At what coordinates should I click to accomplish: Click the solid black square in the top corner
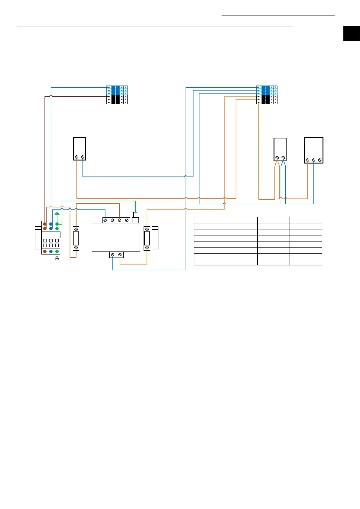click(x=352, y=34)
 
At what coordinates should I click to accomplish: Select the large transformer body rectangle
click(x=116, y=237)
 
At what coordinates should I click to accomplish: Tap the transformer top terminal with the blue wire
click(x=105, y=220)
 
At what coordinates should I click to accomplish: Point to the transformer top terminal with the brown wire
click(x=120, y=220)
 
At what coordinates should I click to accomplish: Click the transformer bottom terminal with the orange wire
click(x=120, y=255)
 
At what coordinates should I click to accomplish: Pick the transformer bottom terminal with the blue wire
click(x=113, y=255)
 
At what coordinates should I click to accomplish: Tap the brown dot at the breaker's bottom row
click(x=45, y=251)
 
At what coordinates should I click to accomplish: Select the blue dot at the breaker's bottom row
click(x=51, y=251)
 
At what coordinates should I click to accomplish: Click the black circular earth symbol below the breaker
click(x=57, y=258)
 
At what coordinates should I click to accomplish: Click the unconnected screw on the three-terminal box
click(x=320, y=160)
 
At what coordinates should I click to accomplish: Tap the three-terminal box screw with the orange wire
click(x=307, y=160)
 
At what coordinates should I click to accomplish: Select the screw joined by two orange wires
click(x=277, y=158)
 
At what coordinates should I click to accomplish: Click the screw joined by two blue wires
click(x=283, y=158)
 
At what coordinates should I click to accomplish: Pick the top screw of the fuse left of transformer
click(x=76, y=229)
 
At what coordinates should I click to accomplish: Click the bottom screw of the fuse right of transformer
click(x=147, y=248)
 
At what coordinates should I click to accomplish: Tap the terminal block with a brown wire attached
click(x=117, y=95)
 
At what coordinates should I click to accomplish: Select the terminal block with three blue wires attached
click(x=267, y=95)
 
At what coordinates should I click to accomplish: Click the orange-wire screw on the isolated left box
click(x=77, y=157)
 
